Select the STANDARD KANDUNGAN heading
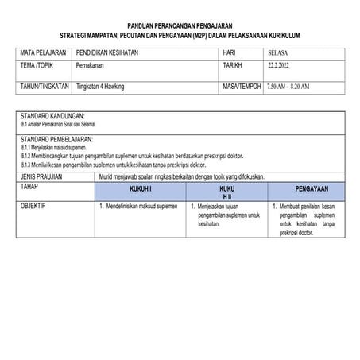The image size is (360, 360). [x=52, y=116]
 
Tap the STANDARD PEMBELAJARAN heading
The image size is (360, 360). [x=56, y=138]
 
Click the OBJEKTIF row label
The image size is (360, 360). [x=34, y=206]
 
